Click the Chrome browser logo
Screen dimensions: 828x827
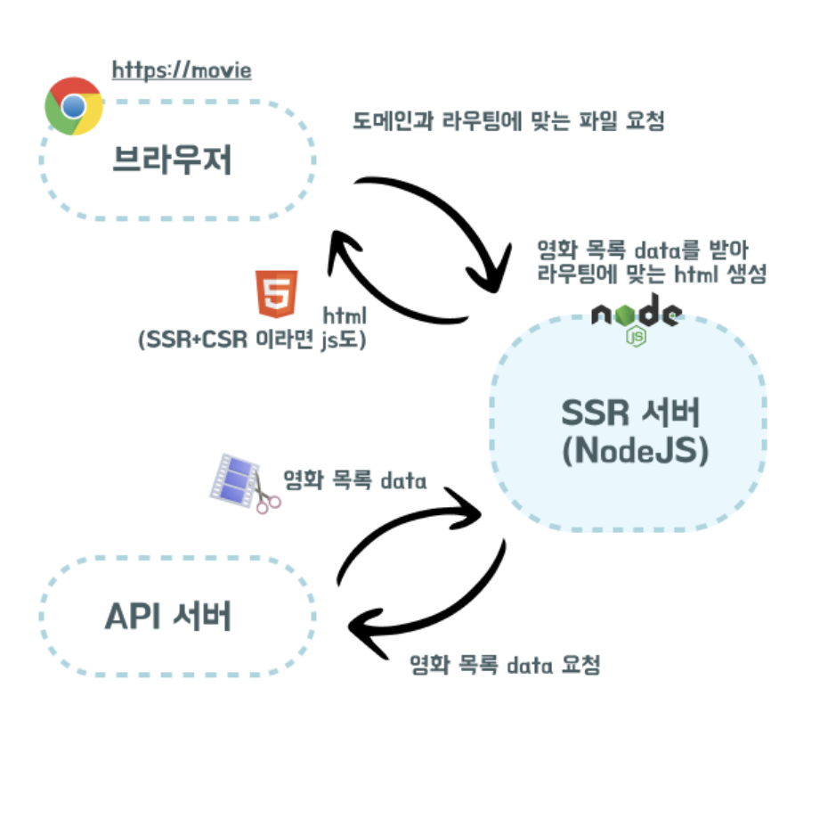click(74, 106)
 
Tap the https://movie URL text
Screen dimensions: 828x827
click(182, 70)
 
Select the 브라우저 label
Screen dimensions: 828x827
click(172, 160)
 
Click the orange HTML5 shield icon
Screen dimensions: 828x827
click(276, 295)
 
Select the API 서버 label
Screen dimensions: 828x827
click(168, 616)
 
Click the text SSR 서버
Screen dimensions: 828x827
click(632, 413)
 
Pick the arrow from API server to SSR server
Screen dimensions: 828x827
click(401, 526)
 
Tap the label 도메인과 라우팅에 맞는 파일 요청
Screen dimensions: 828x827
click(508, 121)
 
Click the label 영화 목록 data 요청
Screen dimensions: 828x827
click(504, 665)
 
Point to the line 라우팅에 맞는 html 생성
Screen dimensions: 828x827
click(652, 274)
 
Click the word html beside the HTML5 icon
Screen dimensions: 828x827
click(344, 315)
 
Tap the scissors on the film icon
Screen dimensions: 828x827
click(265, 500)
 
